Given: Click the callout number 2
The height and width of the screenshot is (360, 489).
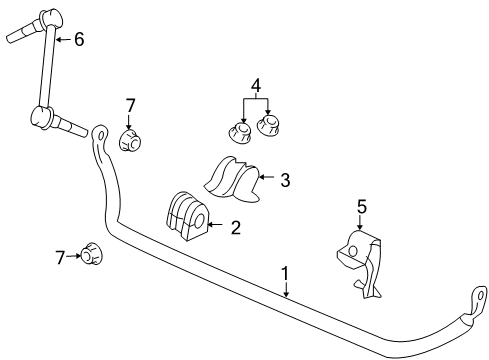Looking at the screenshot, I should [236, 228].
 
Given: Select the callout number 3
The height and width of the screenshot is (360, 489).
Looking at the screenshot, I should [285, 180].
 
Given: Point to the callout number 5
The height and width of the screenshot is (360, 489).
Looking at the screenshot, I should [363, 207].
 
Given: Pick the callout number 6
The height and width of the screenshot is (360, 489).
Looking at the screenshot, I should [79, 39].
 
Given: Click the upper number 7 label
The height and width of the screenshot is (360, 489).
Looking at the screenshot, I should [129, 105].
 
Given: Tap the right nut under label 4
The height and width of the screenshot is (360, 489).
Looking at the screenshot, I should [269, 126].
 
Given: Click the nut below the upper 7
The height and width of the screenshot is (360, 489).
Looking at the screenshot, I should [128, 140].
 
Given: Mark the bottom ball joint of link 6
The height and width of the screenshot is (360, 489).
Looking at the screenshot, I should [42, 117].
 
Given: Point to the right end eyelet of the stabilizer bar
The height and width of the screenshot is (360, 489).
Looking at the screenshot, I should [475, 297].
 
